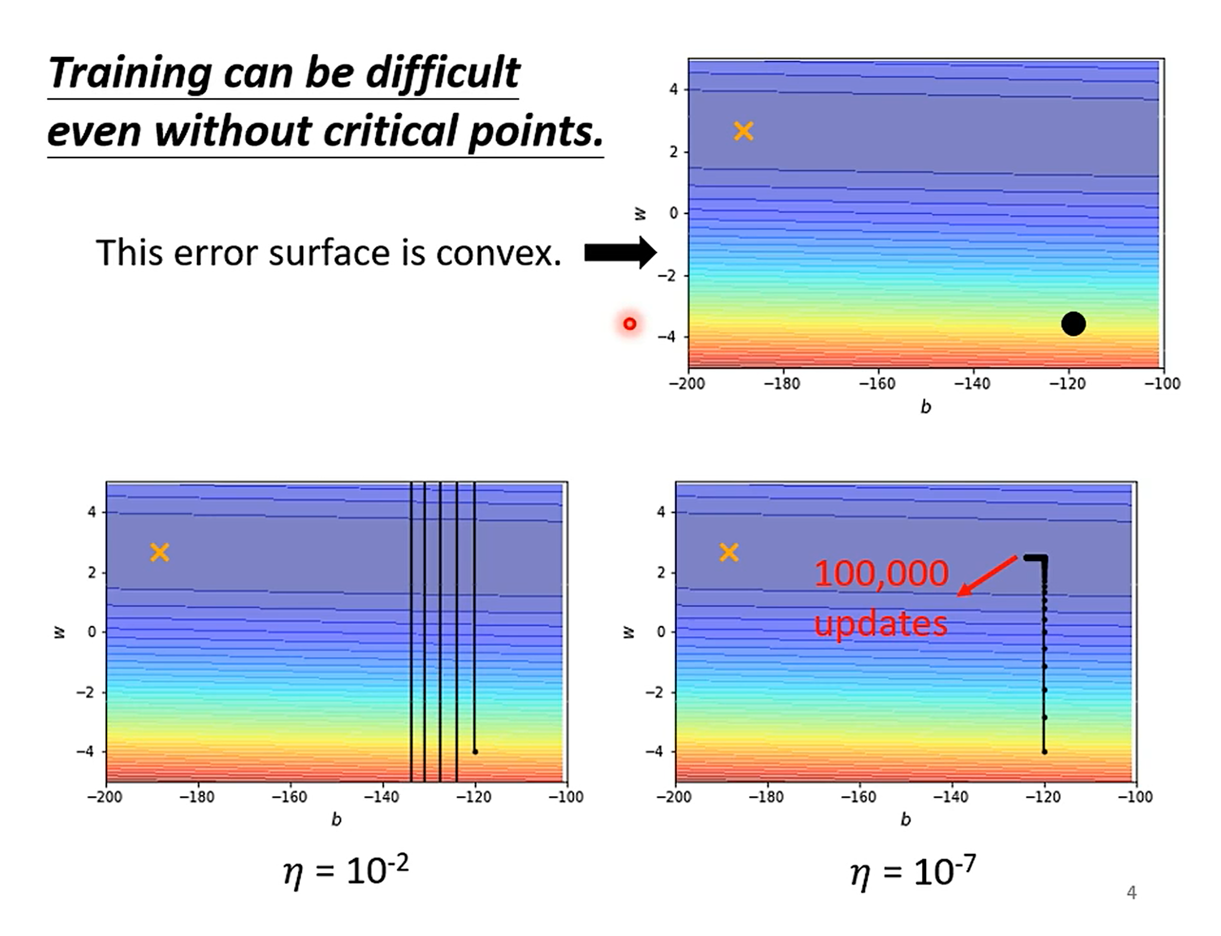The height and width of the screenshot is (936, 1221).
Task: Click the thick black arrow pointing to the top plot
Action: click(x=620, y=253)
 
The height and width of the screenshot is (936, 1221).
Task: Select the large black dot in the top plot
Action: click(x=1073, y=324)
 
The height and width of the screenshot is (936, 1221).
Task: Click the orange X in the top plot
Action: click(x=744, y=131)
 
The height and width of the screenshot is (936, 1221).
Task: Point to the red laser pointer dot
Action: click(x=630, y=324)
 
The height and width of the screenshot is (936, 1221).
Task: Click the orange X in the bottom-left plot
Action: click(x=159, y=552)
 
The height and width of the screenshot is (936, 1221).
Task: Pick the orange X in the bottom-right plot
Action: click(x=729, y=552)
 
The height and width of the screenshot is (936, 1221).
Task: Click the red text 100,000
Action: click(x=881, y=573)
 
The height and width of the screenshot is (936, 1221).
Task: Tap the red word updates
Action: click(x=880, y=624)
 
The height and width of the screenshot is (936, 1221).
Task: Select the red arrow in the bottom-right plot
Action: click(x=987, y=576)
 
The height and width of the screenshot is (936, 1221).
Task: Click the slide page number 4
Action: click(x=1131, y=893)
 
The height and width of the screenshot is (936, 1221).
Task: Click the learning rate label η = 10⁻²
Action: click(x=346, y=871)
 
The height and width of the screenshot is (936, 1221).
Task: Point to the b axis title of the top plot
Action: click(x=925, y=407)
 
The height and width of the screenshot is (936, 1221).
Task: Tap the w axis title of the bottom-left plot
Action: click(x=60, y=632)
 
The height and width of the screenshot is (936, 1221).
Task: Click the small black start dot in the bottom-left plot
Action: click(x=475, y=752)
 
